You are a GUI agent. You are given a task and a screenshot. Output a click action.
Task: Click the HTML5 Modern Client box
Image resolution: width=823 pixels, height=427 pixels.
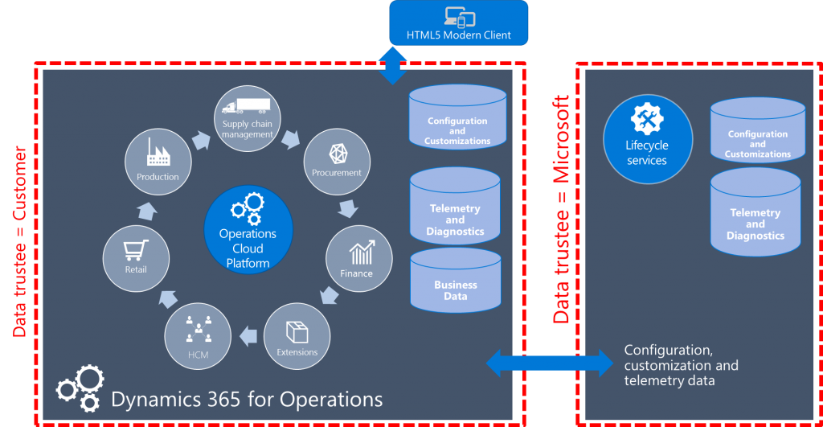coord(459,23)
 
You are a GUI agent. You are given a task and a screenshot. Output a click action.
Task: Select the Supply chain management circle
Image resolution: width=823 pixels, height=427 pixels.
coord(247,118)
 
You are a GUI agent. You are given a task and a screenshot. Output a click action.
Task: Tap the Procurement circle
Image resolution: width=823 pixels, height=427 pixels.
coord(337,161)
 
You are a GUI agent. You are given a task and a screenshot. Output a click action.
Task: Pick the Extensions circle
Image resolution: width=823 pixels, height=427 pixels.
coord(297,335)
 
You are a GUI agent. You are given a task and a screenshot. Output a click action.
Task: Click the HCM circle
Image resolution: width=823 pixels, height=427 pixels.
coord(198,336)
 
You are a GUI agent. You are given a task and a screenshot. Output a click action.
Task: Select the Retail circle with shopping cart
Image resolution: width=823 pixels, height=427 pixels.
coord(136,258)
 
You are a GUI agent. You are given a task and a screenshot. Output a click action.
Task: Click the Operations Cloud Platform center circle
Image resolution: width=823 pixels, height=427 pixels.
coord(248,234)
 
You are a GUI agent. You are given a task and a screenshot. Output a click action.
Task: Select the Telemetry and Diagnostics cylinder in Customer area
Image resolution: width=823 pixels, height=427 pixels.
coord(456,213)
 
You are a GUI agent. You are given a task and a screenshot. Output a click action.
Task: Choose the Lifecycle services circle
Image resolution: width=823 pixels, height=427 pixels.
coord(647,138)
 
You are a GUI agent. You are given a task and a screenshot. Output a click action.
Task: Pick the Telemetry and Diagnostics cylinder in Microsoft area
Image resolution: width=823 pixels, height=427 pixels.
coord(755,216)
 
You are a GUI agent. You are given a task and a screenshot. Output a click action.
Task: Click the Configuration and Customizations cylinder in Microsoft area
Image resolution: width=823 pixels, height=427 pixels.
coord(757,135)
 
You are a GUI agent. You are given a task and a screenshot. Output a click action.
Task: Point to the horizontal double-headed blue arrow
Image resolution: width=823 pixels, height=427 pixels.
coord(550,362)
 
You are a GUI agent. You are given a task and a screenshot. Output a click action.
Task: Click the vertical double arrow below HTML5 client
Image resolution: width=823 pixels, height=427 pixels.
coord(393,65)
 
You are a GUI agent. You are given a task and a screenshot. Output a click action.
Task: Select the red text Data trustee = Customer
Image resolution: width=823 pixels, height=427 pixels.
coord(20,241)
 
